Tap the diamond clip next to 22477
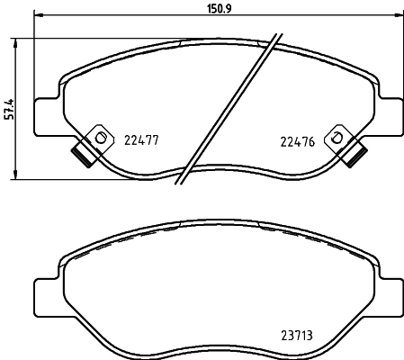99,138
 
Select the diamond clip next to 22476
337,138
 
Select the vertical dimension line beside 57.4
18,135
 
